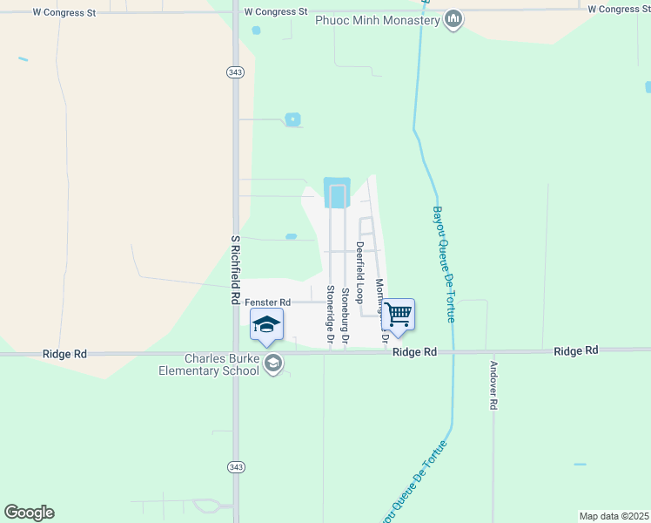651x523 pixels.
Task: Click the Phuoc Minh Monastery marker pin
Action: pos(453,19)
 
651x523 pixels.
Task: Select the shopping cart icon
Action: pos(398,314)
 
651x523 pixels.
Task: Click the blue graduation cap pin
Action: pos(266,325)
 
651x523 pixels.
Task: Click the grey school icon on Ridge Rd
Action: pos(274,363)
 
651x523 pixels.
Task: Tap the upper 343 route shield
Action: pos(236,71)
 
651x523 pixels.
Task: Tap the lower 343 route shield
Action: pos(236,467)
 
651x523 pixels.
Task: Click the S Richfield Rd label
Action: pos(235,268)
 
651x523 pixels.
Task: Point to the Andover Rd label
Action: pos(493,385)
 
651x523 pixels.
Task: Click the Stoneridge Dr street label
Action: pos(330,315)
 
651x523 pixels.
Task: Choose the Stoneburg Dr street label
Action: pos(345,315)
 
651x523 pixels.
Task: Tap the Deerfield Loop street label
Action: pos(359,272)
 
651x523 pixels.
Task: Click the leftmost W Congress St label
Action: pos(64,13)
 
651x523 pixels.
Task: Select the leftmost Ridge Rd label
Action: pos(64,355)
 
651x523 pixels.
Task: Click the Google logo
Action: pos(29,513)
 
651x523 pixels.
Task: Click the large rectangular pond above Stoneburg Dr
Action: pos(337,193)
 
